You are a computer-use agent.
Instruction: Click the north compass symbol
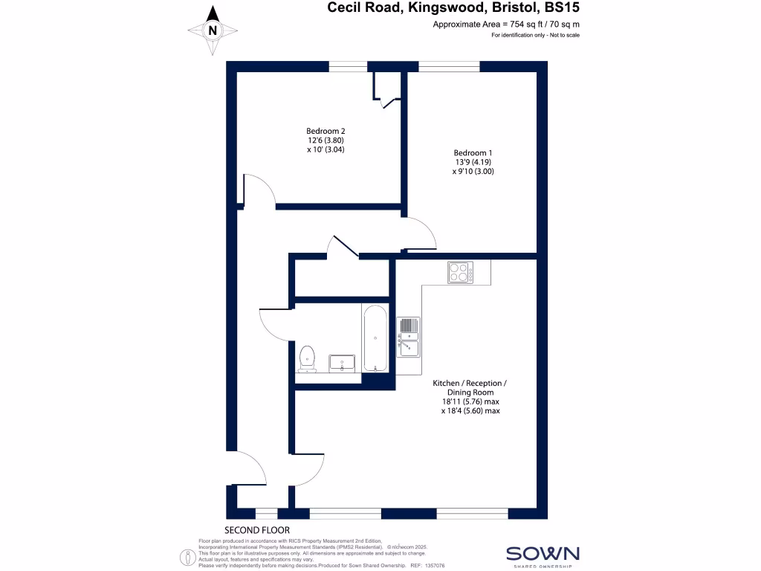[213, 30]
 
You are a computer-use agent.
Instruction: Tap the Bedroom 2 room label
[326, 140]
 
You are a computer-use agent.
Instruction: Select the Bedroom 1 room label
[473, 162]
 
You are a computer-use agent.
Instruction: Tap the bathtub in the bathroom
[375, 338]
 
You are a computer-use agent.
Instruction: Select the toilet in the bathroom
[307, 359]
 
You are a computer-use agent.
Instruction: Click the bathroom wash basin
[343, 363]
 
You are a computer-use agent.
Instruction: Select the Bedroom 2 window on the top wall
[349, 67]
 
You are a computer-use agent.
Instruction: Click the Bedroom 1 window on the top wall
[450, 67]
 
